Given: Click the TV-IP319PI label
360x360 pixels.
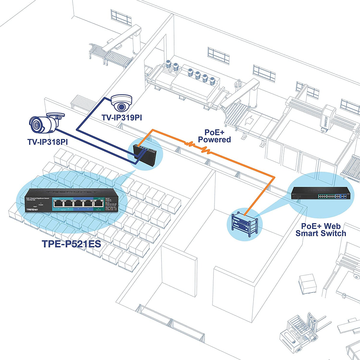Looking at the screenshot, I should [x=122, y=118].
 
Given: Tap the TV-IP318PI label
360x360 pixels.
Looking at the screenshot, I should [x=47, y=142].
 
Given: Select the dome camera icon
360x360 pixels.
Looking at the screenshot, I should [x=121, y=102].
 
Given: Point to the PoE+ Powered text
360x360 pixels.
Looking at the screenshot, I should [x=214, y=136].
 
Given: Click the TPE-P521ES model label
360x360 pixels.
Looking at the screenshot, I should [x=71, y=244].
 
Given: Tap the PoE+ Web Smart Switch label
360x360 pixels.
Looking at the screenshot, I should [x=321, y=230].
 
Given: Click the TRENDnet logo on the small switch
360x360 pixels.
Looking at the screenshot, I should [x=32, y=210].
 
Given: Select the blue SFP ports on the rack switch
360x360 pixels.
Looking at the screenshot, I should [x=343, y=196].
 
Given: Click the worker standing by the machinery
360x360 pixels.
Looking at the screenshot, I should [x=237, y=86].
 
